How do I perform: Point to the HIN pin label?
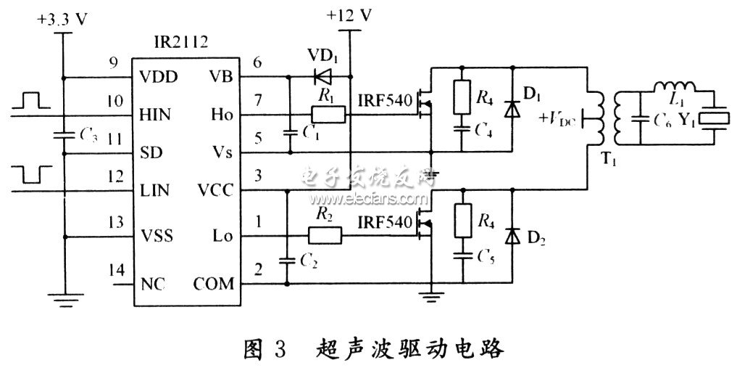click(x=155, y=115)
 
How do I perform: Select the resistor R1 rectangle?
click(x=325, y=115)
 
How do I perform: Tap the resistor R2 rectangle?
click(x=324, y=235)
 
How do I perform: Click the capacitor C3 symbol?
click(x=64, y=134)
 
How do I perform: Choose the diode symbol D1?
click(x=513, y=110)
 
